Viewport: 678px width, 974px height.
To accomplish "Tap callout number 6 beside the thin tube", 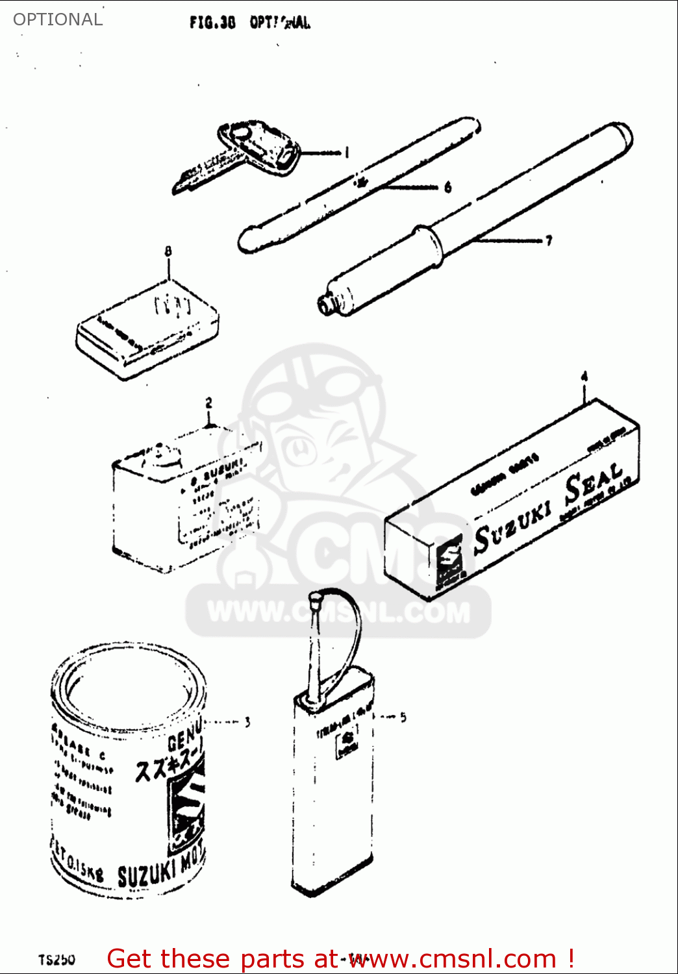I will [x=448, y=188].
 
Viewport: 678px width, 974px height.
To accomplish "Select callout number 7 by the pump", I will [x=549, y=241].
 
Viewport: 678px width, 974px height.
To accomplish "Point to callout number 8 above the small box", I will [x=168, y=251].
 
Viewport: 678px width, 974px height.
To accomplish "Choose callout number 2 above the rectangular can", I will [x=208, y=403].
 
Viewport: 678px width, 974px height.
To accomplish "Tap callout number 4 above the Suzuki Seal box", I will [x=584, y=377].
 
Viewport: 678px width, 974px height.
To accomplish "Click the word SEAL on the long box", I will [x=593, y=484].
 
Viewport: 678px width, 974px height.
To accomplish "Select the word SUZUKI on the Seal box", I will [x=513, y=523].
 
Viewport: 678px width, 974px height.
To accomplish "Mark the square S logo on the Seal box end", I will [x=449, y=556].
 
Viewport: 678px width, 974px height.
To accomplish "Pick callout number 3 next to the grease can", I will [x=247, y=721].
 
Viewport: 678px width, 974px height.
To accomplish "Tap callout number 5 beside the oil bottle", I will [x=403, y=717].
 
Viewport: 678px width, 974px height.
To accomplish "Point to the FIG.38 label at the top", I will [x=212, y=23].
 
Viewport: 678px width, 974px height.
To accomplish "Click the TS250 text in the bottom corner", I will [x=56, y=960].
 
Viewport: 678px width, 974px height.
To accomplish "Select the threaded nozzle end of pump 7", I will [x=326, y=304].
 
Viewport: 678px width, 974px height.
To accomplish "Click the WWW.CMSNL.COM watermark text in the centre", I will [x=338, y=612].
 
